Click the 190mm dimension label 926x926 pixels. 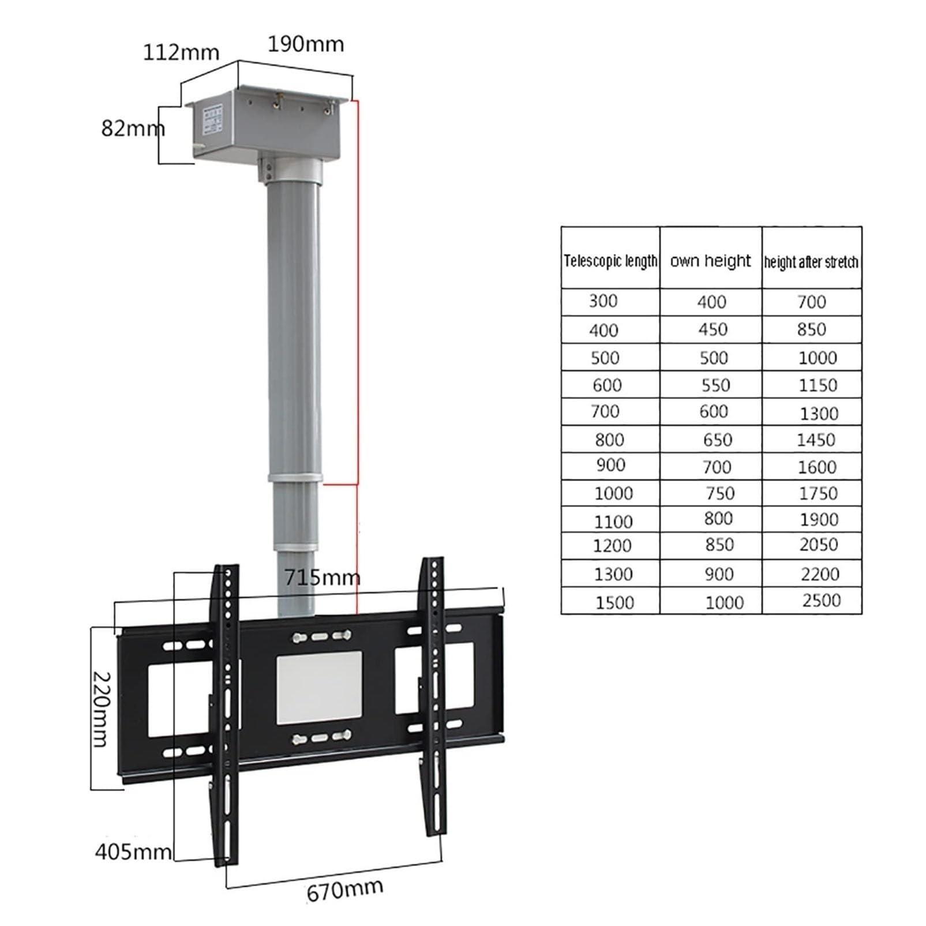point(305,44)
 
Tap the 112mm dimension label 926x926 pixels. point(181,53)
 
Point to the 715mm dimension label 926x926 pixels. point(322,577)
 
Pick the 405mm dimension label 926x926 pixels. point(133,851)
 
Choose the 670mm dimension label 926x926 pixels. point(344,890)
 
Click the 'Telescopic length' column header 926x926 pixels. point(610,261)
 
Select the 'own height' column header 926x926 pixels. point(710,261)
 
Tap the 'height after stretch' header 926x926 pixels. point(811,262)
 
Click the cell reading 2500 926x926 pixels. point(821,601)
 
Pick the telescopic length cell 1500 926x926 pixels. point(614,602)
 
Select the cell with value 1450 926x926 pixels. point(816,440)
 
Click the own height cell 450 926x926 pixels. point(713,329)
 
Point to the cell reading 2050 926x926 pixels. point(818,544)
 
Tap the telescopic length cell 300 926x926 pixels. point(603,301)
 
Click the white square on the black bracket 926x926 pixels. point(319,688)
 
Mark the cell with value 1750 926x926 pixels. point(818,493)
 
